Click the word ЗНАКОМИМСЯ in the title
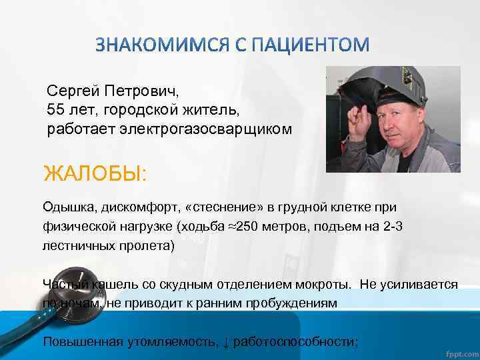coord(161,45)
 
